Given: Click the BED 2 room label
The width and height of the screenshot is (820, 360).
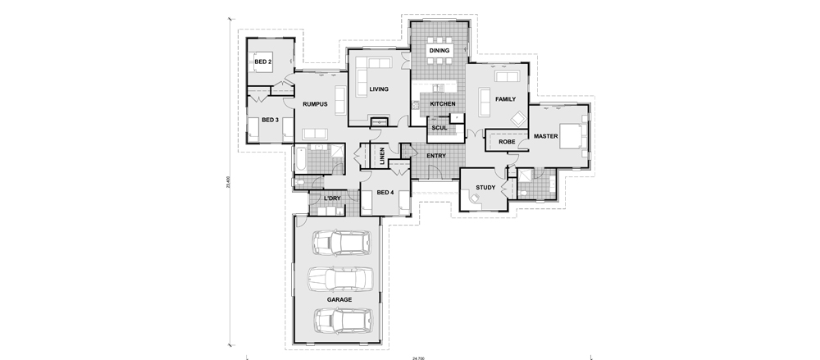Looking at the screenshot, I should [x=262, y=62].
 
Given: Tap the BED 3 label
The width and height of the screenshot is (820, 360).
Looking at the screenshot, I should [x=271, y=120].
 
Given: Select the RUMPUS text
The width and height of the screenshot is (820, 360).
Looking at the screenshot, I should [x=315, y=104].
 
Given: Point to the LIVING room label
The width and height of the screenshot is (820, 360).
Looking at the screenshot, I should [x=378, y=89].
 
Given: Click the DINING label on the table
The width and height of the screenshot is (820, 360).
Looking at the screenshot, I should [x=440, y=51].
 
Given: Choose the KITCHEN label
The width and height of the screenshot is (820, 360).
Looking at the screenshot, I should [x=443, y=104].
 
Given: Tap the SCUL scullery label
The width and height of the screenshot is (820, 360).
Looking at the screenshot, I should [x=439, y=128].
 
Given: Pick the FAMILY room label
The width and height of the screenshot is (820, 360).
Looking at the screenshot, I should [x=505, y=99].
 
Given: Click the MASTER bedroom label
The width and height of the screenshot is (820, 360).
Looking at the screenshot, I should [x=546, y=135].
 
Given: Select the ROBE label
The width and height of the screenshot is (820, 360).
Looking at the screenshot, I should [x=507, y=143].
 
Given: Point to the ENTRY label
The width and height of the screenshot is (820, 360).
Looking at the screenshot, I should [x=436, y=156].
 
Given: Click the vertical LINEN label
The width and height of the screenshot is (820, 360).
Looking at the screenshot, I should [x=382, y=154].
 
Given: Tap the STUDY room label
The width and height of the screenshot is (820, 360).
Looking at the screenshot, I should [x=485, y=188].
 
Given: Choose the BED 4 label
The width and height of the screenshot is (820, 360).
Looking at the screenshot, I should [x=385, y=193].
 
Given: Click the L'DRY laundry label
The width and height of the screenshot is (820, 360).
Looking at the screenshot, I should [x=332, y=198].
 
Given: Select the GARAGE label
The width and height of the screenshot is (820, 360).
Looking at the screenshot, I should [x=339, y=299].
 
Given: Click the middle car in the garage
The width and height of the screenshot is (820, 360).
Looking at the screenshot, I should [x=339, y=280].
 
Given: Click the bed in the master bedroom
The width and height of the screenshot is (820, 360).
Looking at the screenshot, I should [x=572, y=135].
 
